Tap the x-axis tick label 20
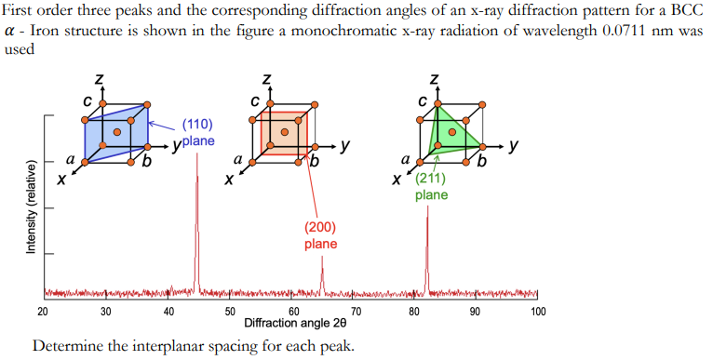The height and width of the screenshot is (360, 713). pos(43,312)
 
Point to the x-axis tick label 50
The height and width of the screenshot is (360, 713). pos(230,312)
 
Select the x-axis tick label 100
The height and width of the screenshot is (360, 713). pos(537,312)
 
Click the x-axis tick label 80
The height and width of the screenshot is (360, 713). pos(413,312)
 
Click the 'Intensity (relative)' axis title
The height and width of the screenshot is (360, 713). pos(31,207)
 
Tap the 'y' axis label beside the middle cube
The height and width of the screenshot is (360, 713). pos(345,146)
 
